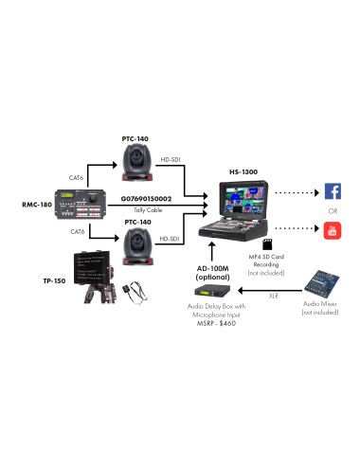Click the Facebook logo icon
pos(333,191)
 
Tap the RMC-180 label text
pos(37,205)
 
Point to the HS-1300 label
pos(244,172)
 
